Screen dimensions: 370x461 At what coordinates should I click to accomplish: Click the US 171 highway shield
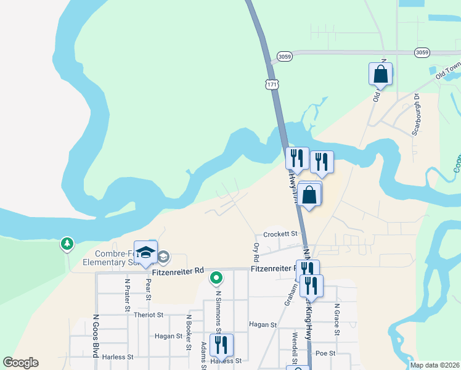(x=272, y=83)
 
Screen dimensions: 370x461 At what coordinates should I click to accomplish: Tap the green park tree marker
(x=67, y=244)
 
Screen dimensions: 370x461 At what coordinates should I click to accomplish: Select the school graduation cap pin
(x=146, y=253)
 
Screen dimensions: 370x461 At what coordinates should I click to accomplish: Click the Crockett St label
(x=280, y=234)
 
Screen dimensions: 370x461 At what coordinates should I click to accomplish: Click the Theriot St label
(x=148, y=314)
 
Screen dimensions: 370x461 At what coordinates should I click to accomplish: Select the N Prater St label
(x=128, y=290)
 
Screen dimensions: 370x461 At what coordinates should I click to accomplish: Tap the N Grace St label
(x=337, y=319)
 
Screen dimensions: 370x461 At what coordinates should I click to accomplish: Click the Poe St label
(x=324, y=353)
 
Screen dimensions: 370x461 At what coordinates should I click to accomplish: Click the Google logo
(x=20, y=363)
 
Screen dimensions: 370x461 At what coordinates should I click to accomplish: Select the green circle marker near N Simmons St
(x=216, y=278)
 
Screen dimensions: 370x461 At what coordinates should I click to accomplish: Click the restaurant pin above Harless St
(x=221, y=346)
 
